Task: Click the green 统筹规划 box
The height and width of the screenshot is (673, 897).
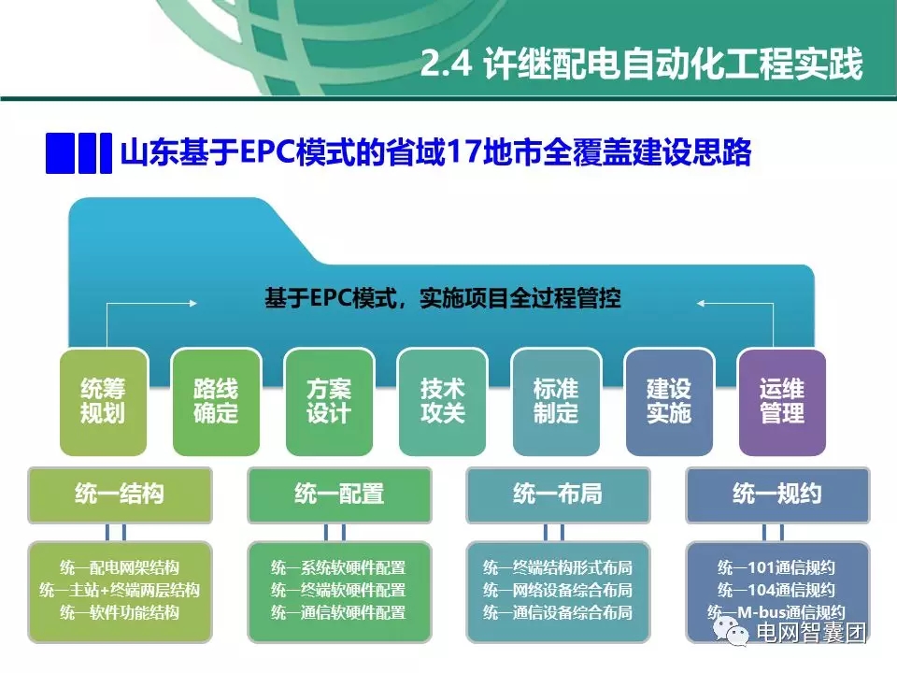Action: point(103,401)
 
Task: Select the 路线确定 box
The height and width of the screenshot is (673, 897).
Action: point(216,401)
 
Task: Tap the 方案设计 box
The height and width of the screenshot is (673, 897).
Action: point(329,401)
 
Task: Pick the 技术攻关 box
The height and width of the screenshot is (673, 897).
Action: point(442,401)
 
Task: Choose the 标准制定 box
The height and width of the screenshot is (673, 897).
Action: point(555,401)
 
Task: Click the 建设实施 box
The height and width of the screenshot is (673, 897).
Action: point(668,401)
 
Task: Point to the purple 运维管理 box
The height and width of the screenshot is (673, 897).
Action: point(782,401)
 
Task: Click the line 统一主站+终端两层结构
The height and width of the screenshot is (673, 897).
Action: point(120,591)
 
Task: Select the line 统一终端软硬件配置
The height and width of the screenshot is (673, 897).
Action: point(339,591)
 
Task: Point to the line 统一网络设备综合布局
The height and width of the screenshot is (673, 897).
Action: point(558,591)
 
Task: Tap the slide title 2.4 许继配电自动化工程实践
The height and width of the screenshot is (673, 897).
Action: point(641,66)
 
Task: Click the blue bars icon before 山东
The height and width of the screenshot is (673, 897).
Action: point(72,152)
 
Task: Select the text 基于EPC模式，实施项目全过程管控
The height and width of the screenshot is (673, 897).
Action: point(443,299)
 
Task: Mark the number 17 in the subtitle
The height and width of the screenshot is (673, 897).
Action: point(470,152)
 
